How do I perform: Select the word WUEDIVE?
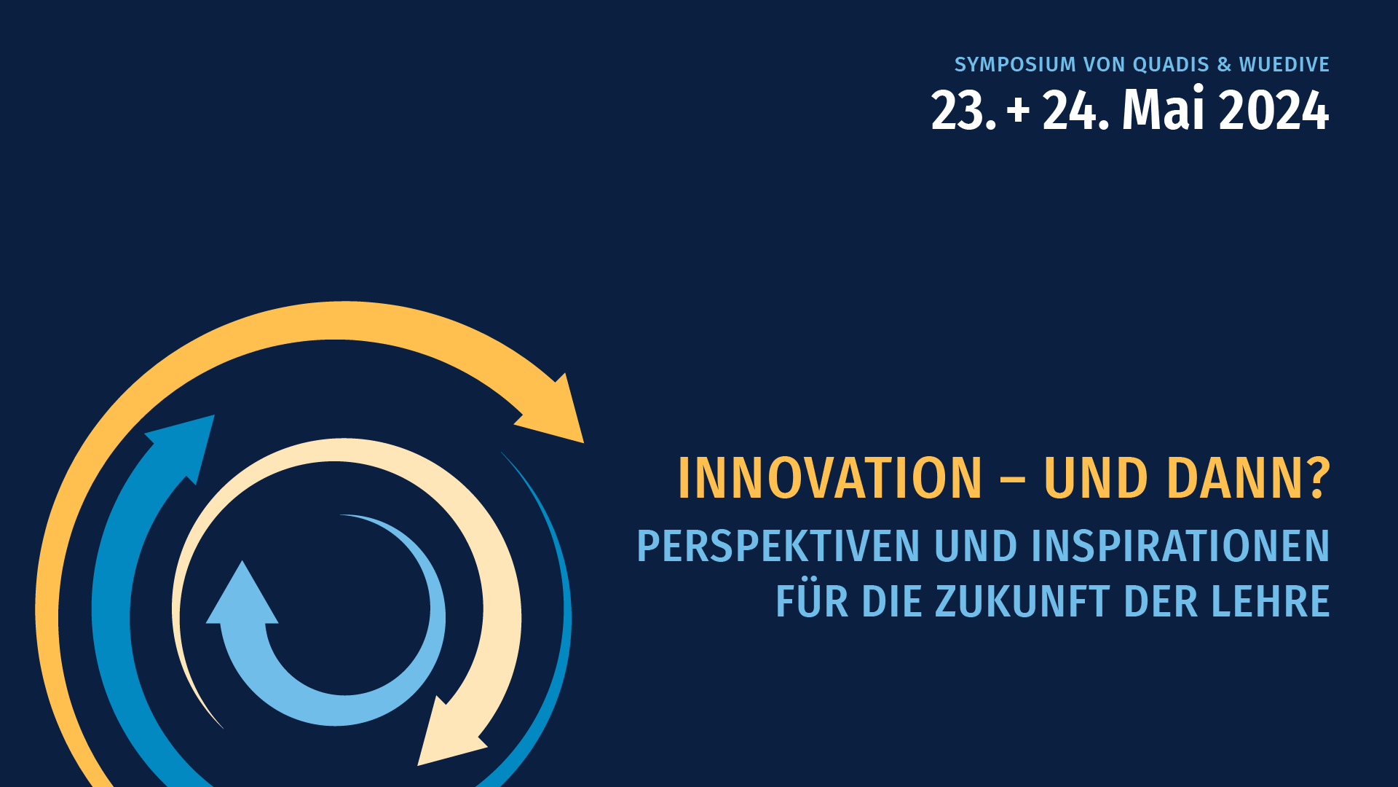pyautogui.click(x=1284, y=65)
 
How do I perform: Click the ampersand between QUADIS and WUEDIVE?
pyautogui.click(x=1224, y=65)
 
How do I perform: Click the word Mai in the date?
pyautogui.click(x=1164, y=109)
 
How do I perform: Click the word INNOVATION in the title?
pyautogui.click(x=830, y=479)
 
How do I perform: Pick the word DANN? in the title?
pyautogui.click(x=1249, y=479)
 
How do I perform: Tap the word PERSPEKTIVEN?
pyautogui.click(x=778, y=547)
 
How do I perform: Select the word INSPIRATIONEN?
pyautogui.click(x=1181, y=547)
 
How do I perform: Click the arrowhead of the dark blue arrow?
pyautogui.click(x=186, y=443)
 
